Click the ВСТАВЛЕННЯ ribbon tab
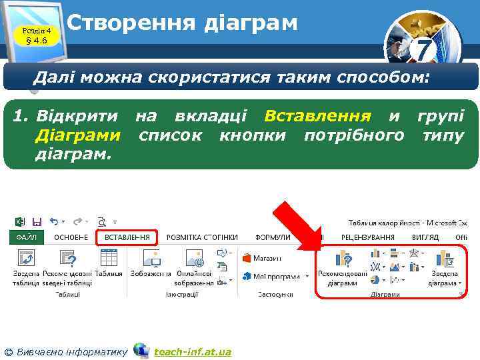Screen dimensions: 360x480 127,237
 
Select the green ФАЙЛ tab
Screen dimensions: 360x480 26,237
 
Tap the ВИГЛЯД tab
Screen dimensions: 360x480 425,237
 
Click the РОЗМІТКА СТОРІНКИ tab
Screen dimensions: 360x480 202,237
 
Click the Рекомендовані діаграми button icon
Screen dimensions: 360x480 343,259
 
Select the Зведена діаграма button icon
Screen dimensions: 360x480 444,259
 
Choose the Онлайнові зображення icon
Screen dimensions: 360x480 195,259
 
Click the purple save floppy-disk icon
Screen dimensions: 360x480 37,221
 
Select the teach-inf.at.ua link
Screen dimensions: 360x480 192,351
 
